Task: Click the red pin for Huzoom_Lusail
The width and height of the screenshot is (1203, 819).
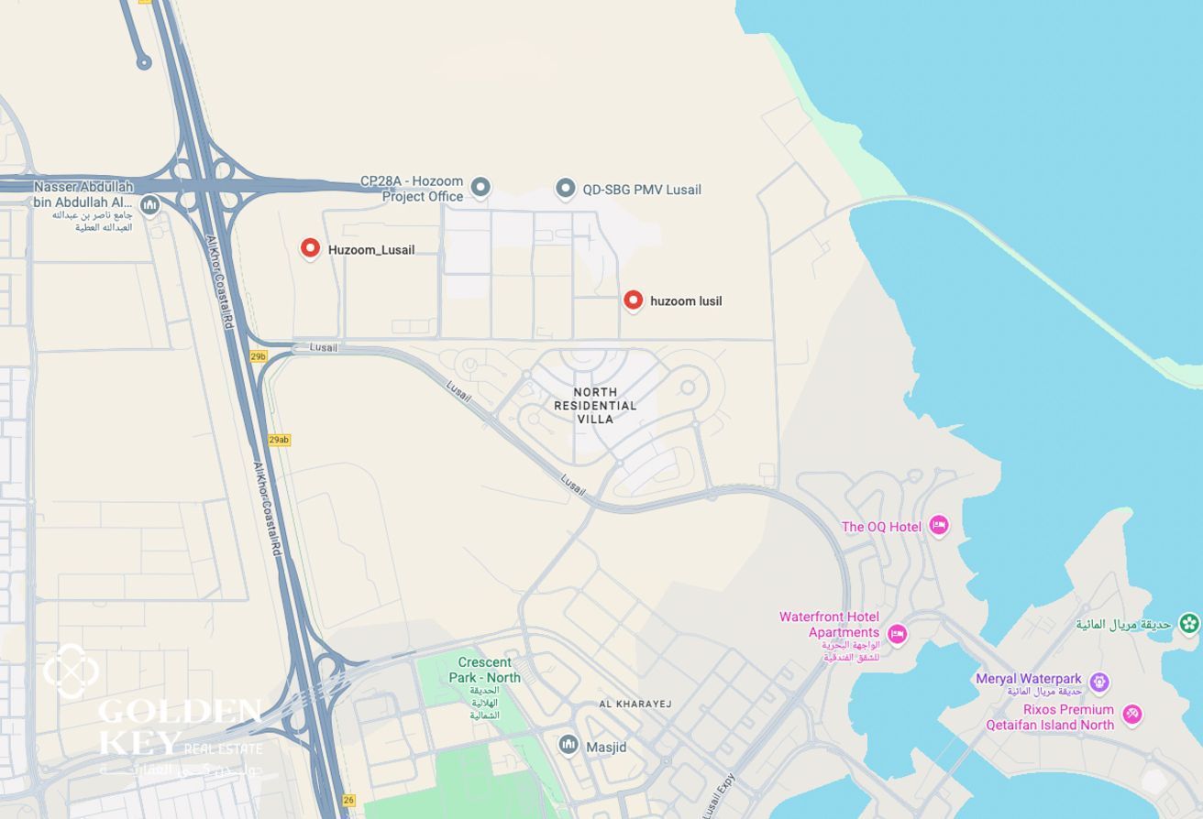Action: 310,248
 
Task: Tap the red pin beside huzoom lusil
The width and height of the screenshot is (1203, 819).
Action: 633,300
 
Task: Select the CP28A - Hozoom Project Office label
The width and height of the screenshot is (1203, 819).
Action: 412,189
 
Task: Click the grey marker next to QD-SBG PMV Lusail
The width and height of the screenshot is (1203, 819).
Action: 566,189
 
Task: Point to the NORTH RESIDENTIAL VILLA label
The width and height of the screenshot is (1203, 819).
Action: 595,405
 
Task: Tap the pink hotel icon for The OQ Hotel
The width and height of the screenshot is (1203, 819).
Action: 938,525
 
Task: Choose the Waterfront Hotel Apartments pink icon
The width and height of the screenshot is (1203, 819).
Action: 897,633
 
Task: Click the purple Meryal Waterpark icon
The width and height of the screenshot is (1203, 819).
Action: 1099,682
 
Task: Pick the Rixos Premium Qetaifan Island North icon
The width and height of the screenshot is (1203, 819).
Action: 1132,715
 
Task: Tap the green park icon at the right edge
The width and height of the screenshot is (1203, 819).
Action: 1189,624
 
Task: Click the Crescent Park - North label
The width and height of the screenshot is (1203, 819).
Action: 484,670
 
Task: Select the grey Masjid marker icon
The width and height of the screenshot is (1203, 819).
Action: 568,746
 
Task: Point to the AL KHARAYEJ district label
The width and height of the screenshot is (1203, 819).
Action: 635,704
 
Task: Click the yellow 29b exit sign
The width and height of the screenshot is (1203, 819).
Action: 258,356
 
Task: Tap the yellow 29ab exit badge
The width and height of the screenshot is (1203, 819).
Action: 279,440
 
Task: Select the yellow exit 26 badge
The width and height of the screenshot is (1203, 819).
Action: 348,800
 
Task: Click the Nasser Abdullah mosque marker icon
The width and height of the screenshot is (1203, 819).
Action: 150,204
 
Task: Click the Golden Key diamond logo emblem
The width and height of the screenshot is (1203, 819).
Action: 71,671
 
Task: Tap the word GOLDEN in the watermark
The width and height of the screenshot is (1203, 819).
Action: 180,710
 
